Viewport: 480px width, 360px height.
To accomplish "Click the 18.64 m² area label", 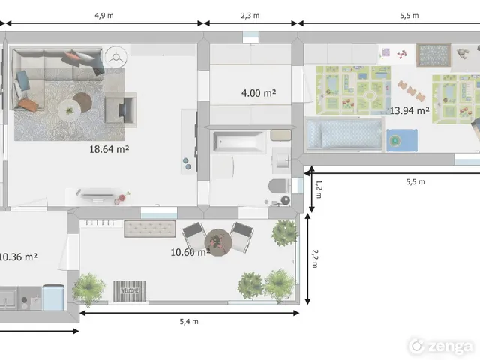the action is point(109,149).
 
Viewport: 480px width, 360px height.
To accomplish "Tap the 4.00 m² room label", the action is point(259,93).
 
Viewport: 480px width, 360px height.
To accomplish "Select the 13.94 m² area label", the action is point(409,110).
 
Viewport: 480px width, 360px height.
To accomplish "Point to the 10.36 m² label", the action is point(18,256).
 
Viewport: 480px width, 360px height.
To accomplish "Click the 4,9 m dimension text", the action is point(104,16).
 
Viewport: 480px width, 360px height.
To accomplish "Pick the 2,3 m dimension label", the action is point(250,16).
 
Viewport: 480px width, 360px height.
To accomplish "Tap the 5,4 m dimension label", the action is point(189,322).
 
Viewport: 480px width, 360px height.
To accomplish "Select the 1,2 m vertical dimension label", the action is point(319,190).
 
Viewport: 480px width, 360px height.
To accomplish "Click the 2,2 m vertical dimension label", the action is point(315,259).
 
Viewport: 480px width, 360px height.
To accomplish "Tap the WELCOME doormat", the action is point(130,291).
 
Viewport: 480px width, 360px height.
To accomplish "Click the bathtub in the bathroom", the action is point(240,142).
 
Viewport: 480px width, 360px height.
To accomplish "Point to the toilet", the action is point(279,186).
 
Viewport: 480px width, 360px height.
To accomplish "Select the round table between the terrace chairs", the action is point(218,242).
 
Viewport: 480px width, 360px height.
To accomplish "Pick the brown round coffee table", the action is point(82,102).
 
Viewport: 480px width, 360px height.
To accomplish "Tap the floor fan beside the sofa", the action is point(115,57).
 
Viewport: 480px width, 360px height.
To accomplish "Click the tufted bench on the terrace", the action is point(150,229).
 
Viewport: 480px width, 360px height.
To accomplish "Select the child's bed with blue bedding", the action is point(344,135).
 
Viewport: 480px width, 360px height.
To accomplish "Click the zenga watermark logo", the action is point(441,346).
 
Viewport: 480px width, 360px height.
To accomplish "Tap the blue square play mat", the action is point(402,141).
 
